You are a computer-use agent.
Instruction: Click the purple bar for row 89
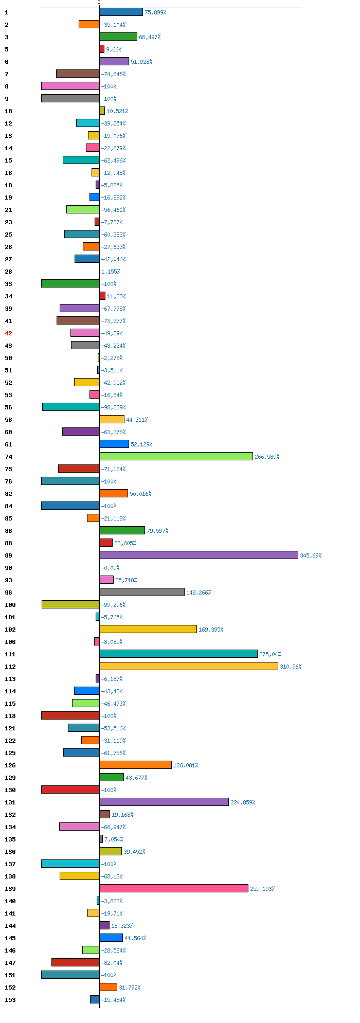click(x=199, y=555)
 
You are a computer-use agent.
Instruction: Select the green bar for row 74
click(x=176, y=456)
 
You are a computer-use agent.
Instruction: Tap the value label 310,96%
click(x=291, y=667)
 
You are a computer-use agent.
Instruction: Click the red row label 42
click(x=8, y=333)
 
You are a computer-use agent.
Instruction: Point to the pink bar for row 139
click(x=174, y=888)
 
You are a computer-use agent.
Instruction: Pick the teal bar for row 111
click(x=178, y=654)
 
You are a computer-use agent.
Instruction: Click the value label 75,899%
click(x=155, y=12)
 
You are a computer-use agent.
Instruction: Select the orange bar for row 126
click(x=135, y=765)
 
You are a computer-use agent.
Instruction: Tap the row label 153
click(x=10, y=1000)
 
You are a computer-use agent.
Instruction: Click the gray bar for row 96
click(x=141, y=592)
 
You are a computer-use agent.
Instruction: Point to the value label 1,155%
click(x=111, y=272)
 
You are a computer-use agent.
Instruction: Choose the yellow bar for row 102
click(x=148, y=629)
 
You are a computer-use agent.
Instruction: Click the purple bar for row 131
click(x=164, y=802)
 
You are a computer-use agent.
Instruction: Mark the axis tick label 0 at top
click(x=99, y=3)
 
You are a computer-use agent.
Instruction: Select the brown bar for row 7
click(x=78, y=74)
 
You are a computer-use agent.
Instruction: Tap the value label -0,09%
click(x=110, y=568)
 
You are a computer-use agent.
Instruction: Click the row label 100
click(x=10, y=605)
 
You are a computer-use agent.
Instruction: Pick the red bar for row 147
click(x=75, y=962)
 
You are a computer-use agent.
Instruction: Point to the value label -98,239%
click(x=113, y=407)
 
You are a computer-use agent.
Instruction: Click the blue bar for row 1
click(x=121, y=12)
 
